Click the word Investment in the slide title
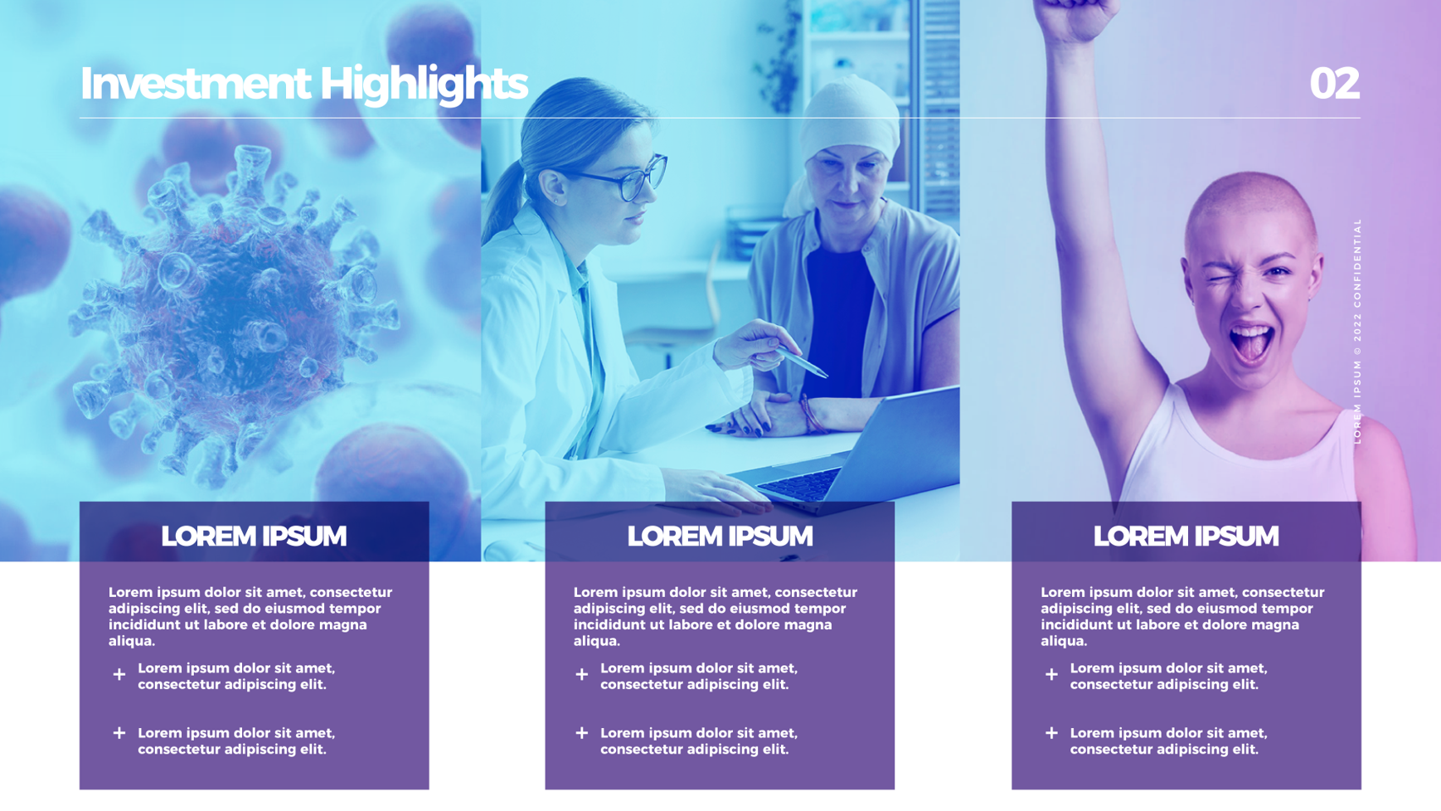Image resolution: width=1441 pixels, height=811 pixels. pos(195,84)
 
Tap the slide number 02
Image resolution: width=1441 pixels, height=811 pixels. pos(1334,84)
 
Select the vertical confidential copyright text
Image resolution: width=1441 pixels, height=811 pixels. pos(1357,331)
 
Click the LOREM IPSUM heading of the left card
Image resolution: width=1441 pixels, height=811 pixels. pos(254,537)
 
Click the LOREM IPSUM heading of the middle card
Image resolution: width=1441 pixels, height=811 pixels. pos(720,537)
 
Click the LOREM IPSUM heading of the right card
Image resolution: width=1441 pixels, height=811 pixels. pos(1186,537)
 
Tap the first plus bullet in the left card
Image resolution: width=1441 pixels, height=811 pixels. pos(119,675)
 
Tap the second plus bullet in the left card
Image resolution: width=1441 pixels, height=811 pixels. pos(119,733)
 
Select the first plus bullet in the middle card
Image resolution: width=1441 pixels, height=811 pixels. pos(582,675)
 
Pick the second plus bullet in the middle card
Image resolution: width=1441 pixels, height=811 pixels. pos(582,733)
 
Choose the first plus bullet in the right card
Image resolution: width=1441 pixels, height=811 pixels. pos(1051,675)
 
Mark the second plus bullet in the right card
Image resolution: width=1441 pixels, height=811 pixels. pos(1051,733)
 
